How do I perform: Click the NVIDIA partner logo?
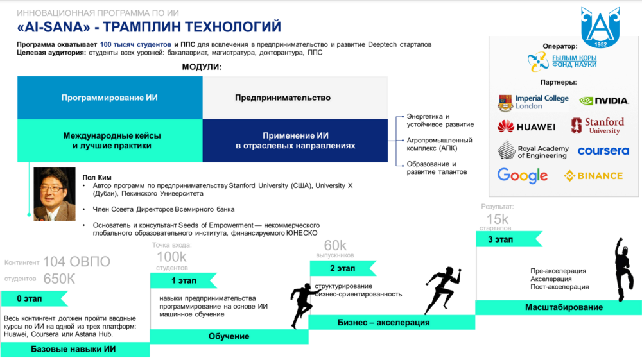point(603,101)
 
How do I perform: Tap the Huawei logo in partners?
point(526,126)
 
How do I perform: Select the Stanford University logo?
point(598,126)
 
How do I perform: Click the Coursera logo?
point(603,151)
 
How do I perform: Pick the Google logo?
point(523,175)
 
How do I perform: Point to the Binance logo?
point(593,176)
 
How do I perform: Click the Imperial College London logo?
point(533,102)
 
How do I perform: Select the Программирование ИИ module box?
point(110,98)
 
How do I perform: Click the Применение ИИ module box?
point(295,141)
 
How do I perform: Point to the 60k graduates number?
point(335,246)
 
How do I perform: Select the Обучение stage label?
point(229,336)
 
